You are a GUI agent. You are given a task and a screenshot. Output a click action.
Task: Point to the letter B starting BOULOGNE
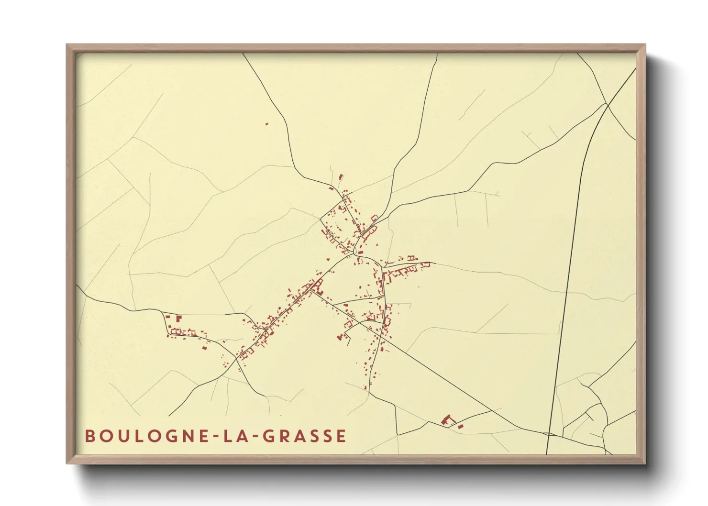click(x=89, y=436)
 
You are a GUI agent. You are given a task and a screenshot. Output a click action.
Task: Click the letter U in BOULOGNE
click(x=120, y=436)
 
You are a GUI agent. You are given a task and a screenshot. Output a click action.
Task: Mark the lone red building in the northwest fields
click(x=267, y=124)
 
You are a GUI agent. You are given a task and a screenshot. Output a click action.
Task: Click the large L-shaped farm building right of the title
click(x=448, y=420)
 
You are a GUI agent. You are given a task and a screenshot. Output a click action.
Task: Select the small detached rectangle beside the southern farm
click(x=461, y=426)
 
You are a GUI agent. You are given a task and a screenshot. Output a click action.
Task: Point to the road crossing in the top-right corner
click(x=607, y=104)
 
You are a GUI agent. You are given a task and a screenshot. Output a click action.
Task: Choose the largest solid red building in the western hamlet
click(x=179, y=318)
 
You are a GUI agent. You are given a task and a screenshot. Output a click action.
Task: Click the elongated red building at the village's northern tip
click(x=341, y=177)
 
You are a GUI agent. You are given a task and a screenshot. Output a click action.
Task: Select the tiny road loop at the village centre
click(x=355, y=251)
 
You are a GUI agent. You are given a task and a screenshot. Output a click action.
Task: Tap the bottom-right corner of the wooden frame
click(x=644, y=463)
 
